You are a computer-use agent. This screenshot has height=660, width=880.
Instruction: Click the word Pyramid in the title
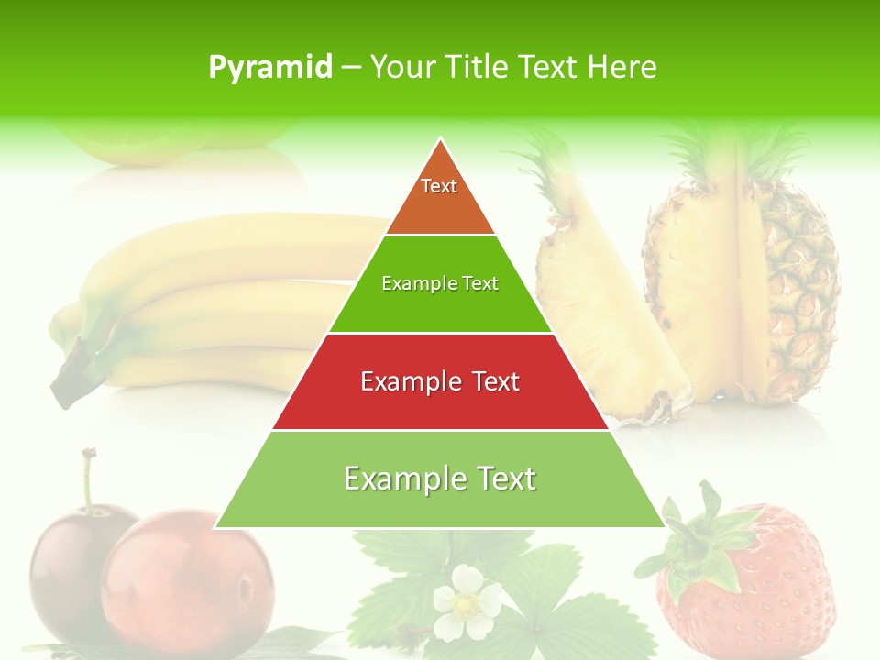tap(270, 67)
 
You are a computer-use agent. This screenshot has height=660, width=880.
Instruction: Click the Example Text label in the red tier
tap(440, 381)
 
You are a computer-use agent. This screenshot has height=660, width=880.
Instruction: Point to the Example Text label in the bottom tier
tap(440, 478)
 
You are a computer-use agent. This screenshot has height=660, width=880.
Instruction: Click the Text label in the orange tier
tap(439, 186)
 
